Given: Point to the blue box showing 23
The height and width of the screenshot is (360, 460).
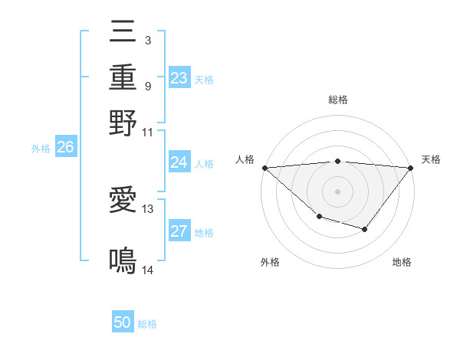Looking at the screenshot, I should click(179, 78).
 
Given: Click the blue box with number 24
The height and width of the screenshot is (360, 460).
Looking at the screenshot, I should click(179, 162).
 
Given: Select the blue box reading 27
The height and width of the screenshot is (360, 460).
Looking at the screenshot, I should click(179, 232).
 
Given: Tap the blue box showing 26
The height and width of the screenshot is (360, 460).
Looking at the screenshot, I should click(65, 148).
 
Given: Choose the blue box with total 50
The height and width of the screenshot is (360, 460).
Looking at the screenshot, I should click(123, 322).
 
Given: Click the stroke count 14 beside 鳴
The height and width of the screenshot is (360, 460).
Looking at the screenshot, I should click(147, 270).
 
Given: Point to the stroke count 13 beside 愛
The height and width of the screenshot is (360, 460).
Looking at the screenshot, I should click(148, 208).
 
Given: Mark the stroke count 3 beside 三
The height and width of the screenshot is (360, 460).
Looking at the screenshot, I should click(147, 39).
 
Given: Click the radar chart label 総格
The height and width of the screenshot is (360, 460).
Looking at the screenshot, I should click(337, 100).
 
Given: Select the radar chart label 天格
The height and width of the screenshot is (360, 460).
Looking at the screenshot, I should click(431, 159).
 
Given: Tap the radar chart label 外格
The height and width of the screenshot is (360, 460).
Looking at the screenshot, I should click(270, 262).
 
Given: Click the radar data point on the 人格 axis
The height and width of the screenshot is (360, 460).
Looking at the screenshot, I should click(264, 167).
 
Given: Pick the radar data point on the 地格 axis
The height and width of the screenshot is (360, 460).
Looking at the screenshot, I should click(365, 229).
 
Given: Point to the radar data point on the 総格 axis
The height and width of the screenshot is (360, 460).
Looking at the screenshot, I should click(337, 161).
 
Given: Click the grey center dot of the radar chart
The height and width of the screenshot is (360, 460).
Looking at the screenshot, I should click(337, 191).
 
